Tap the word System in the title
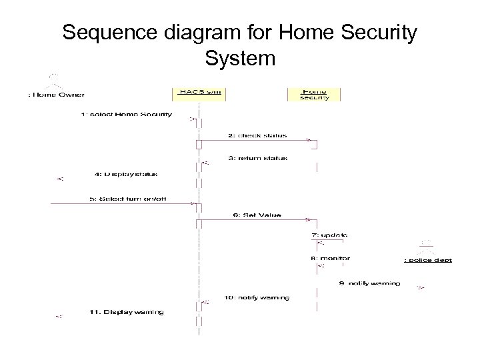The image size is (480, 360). [x=240, y=59]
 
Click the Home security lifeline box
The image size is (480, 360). [x=314, y=93]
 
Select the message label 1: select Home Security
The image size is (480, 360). [x=126, y=114]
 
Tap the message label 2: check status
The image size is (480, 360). [x=257, y=135]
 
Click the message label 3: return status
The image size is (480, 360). [x=257, y=158]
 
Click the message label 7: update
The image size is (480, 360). [x=329, y=235]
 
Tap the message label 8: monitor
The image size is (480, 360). [x=331, y=257]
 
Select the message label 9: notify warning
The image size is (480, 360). [x=370, y=283]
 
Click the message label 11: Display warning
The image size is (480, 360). [x=126, y=311]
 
